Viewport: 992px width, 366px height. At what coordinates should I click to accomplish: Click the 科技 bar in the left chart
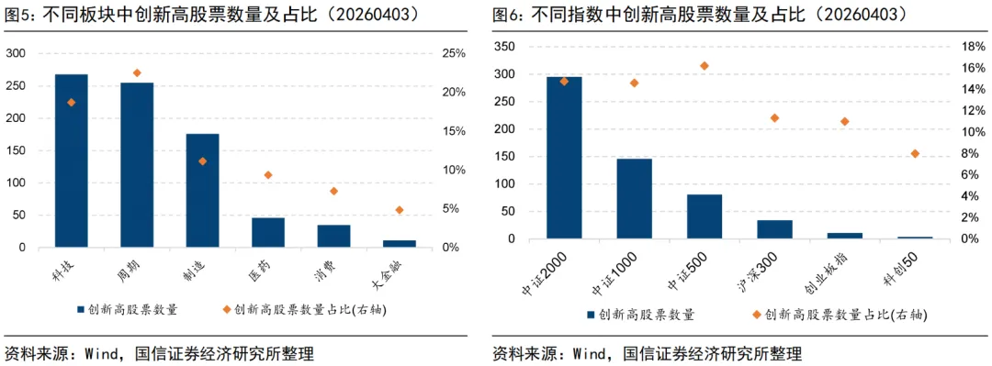[x=71, y=161]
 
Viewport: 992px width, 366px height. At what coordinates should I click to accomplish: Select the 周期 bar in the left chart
[x=137, y=165]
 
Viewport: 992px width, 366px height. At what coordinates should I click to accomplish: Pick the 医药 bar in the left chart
[x=268, y=232]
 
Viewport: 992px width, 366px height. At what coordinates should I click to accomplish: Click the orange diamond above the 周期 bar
[x=137, y=72]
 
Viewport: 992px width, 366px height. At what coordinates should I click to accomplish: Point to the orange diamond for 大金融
[x=400, y=210]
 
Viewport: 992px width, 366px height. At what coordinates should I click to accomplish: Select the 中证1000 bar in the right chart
[x=634, y=199]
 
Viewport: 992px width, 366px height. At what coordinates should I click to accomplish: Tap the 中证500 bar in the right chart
[x=705, y=216]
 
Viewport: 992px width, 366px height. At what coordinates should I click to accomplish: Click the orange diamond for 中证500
[x=705, y=66]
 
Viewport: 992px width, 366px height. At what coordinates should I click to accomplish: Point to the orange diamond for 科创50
[x=915, y=153]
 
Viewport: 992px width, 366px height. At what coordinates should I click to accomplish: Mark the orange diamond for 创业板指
[x=845, y=121]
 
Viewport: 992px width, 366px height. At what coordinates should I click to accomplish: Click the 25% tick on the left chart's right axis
[x=454, y=53]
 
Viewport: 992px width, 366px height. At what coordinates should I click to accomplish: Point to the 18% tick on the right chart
[x=973, y=46]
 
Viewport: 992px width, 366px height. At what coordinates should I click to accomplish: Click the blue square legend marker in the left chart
[x=81, y=310]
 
